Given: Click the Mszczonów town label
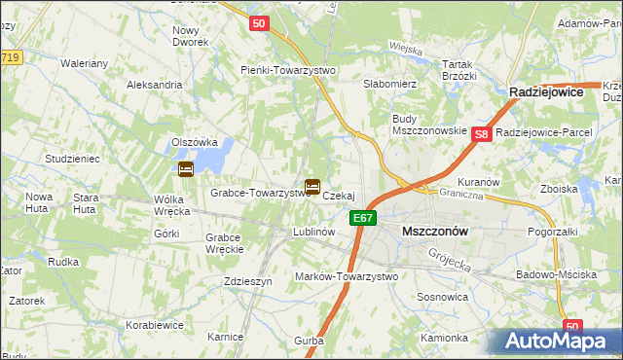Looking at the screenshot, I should click(435, 232).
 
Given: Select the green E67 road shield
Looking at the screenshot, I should click(363, 218).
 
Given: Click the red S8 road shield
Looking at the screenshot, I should click(481, 135).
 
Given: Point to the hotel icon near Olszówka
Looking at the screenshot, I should click(185, 169).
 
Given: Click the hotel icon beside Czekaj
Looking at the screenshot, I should click(312, 186).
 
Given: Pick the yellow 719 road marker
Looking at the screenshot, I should click(9, 58).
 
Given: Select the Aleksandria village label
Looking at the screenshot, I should click(155, 85).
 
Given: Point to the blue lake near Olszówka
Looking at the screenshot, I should click(220, 151).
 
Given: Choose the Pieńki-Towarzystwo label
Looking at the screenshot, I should click(288, 70).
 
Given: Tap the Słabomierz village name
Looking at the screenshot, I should click(390, 85).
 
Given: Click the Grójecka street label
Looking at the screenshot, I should click(450, 258).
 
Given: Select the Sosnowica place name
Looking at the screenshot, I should click(443, 296).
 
